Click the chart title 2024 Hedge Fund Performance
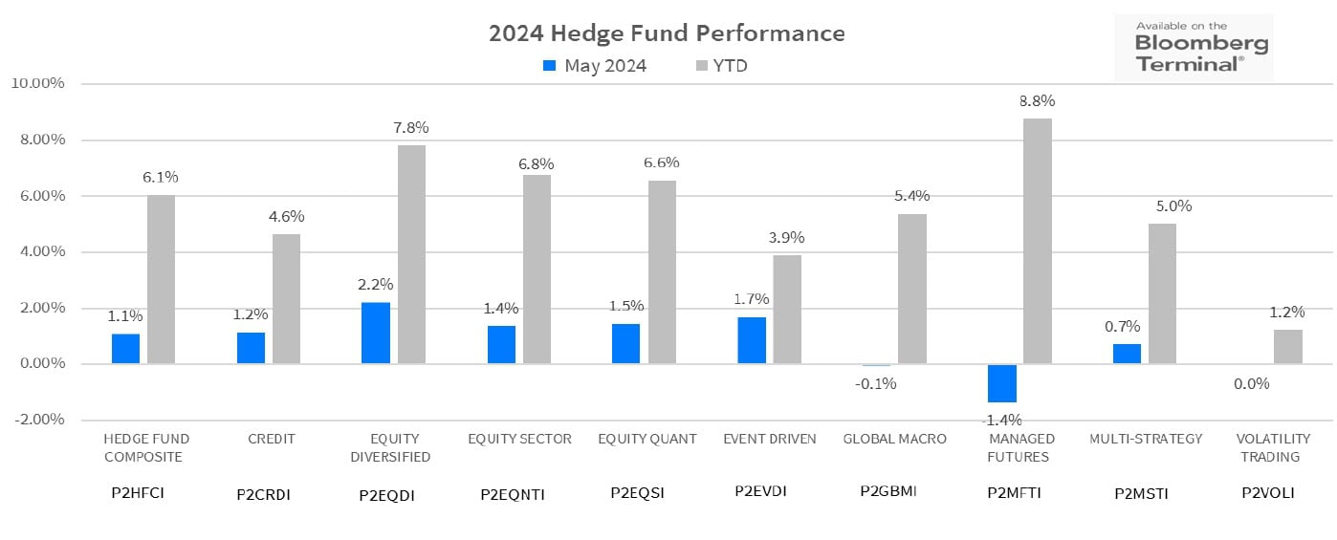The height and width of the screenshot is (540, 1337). (667, 33)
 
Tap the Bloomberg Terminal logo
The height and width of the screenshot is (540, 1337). (1194, 48)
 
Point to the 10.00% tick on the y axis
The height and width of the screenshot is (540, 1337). (36, 83)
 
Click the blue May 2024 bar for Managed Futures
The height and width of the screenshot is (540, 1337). (1001, 383)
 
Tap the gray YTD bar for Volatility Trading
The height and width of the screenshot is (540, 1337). (1287, 346)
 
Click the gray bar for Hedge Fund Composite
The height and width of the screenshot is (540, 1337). (161, 279)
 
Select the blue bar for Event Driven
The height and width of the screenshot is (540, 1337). (752, 340)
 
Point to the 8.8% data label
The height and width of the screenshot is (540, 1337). (1038, 101)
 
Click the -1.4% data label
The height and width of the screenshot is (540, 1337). (1002, 420)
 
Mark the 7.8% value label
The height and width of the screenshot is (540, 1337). (411, 128)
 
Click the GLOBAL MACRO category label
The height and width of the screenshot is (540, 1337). (894, 439)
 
